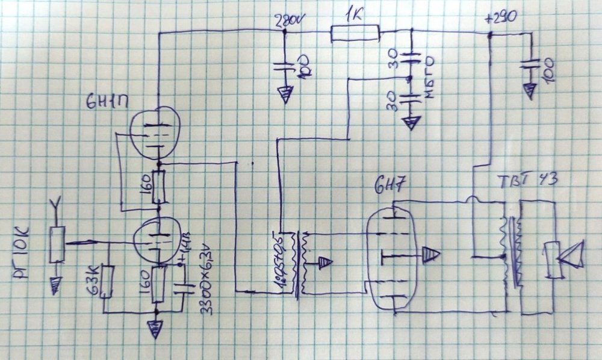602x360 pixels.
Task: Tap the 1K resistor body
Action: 355,34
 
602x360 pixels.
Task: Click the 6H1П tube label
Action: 106,101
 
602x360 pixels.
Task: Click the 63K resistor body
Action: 108,281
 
